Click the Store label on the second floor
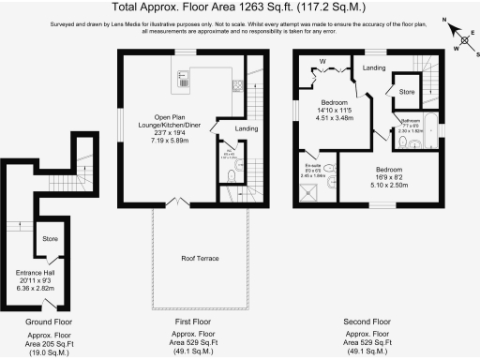click(407, 92)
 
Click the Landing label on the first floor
click(247, 128)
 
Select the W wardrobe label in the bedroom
click(322, 64)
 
